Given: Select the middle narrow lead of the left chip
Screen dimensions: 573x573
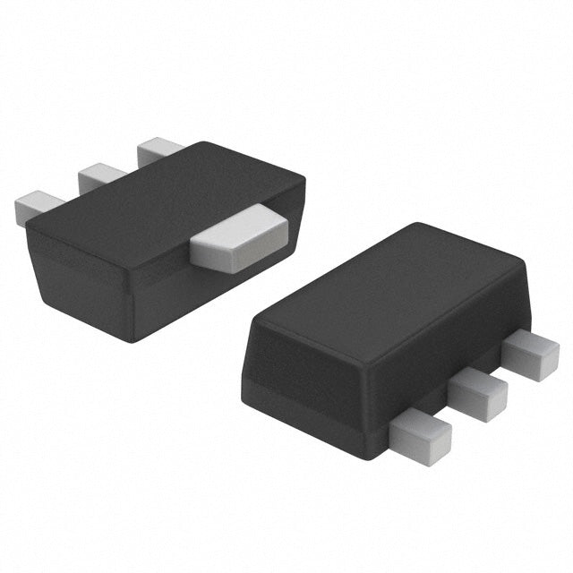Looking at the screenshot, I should (x=100, y=175).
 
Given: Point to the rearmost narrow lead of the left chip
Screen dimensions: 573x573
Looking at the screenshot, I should (x=159, y=149).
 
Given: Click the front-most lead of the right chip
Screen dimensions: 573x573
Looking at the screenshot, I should (x=421, y=434).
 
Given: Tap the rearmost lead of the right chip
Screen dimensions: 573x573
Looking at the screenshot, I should (x=530, y=355).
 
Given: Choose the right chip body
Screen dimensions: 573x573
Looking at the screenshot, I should (x=385, y=331).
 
